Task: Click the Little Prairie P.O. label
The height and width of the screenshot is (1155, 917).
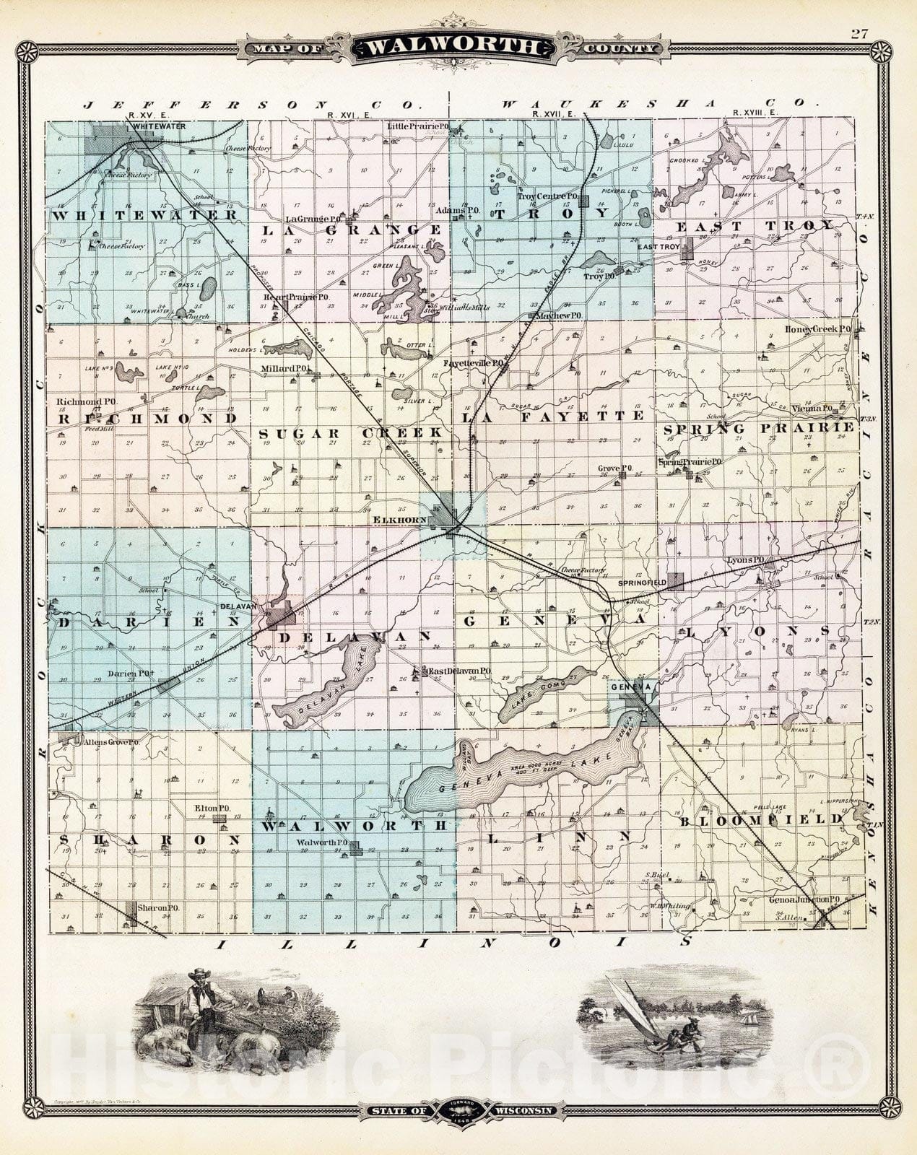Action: click(x=418, y=126)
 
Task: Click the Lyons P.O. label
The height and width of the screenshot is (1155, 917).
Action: click(x=746, y=560)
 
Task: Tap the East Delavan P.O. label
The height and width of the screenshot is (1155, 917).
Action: click(x=460, y=671)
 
